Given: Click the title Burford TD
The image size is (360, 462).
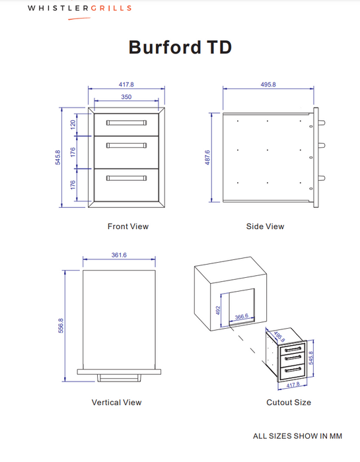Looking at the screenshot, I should (x=180, y=48).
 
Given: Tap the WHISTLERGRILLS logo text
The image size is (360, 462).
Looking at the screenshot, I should (x=79, y=9).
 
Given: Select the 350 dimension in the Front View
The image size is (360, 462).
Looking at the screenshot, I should (x=126, y=97).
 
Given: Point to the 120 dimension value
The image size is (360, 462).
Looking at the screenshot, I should (x=73, y=123).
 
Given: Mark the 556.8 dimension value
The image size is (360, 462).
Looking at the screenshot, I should (x=61, y=325).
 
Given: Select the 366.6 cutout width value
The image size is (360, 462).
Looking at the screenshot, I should (x=242, y=317).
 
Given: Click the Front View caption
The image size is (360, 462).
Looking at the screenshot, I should (x=128, y=226).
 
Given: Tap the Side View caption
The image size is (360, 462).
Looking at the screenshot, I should (x=265, y=226).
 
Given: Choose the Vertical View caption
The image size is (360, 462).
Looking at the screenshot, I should (x=116, y=402).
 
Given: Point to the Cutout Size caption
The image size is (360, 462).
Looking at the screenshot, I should (x=288, y=402).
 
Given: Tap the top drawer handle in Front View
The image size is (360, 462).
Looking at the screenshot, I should (x=126, y=123).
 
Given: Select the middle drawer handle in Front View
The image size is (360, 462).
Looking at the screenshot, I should (x=126, y=145).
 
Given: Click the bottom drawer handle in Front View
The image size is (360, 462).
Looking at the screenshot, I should (x=126, y=178).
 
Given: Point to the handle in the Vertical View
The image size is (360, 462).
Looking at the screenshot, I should (x=120, y=378).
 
